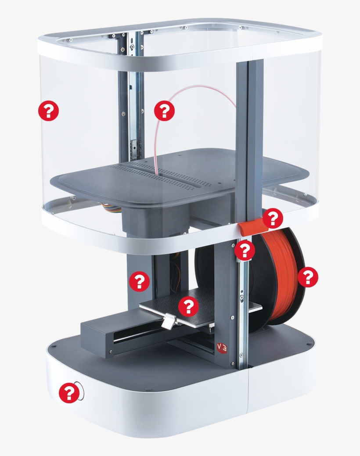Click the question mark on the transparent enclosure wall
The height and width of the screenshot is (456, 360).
pyautogui.click(x=48, y=111)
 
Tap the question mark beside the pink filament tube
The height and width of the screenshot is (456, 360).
pyautogui.click(x=164, y=110)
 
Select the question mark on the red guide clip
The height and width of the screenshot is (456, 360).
pyautogui.click(x=273, y=218)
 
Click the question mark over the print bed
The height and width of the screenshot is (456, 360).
pyautogui.click(x=188, y=306)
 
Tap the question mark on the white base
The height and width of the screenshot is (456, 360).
pyautogui.click(x=69, y=393)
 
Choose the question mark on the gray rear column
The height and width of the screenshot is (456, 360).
pyautogui.click(x=140, y=281)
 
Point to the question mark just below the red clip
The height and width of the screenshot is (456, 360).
pyautogui.click(x=245, y=251)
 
